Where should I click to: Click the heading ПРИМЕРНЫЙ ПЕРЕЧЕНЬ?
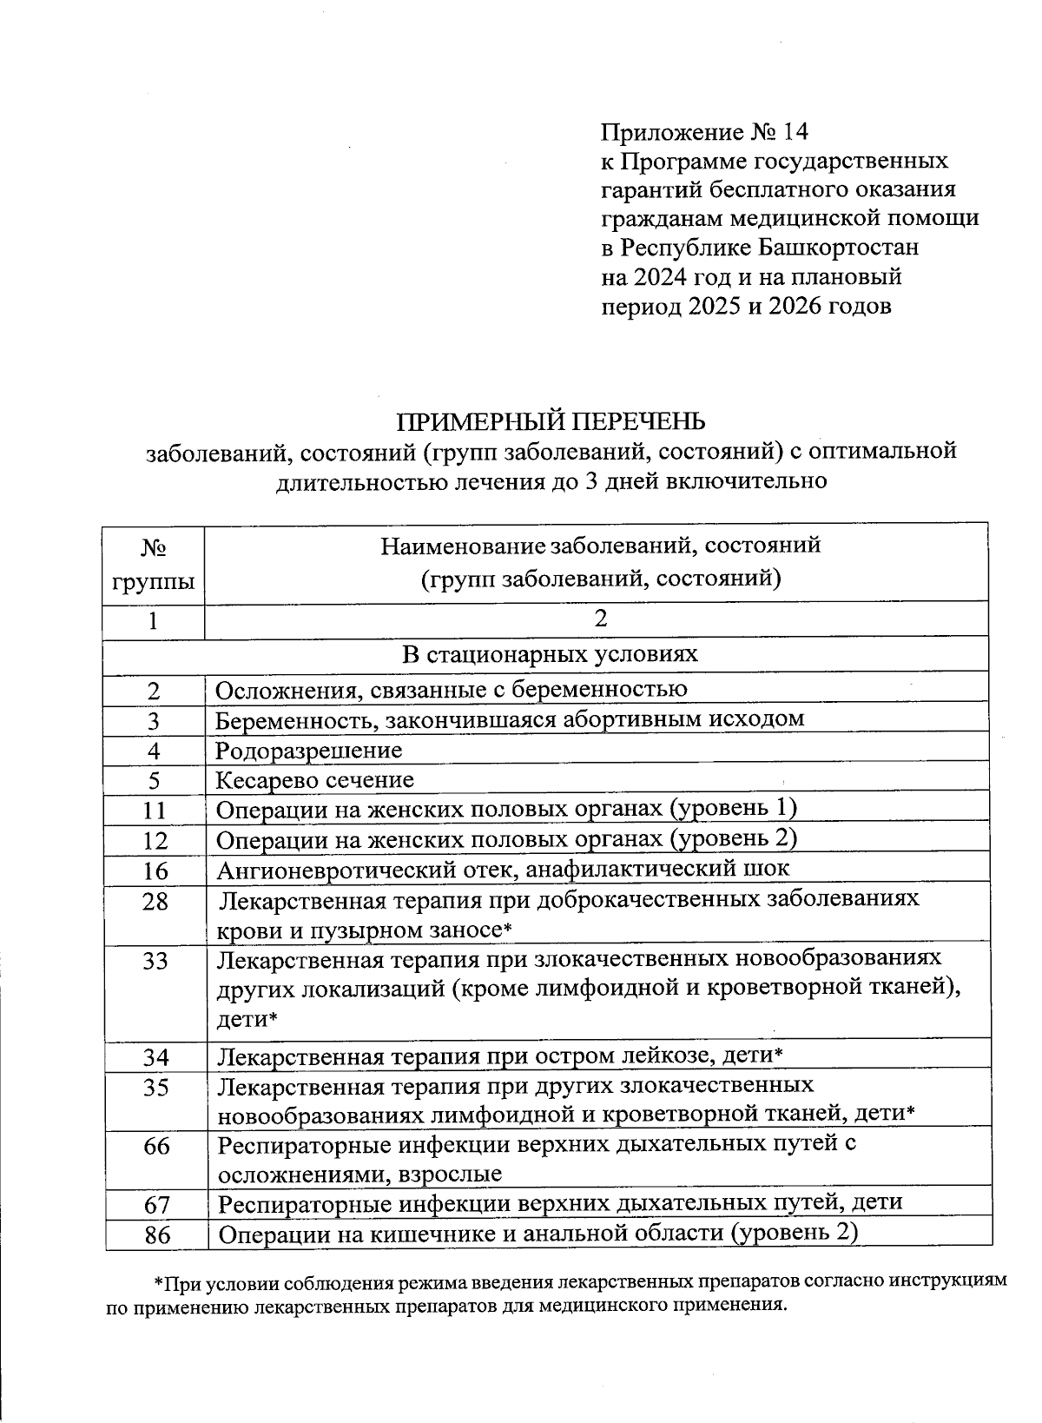(551, 421)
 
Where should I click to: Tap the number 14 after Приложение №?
(795, 132)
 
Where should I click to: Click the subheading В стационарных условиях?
(550, 653)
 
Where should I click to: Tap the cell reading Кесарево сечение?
(315, 779)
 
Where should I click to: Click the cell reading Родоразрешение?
(309, 749)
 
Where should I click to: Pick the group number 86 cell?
(157, 1234)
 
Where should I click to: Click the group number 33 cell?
(155, 961)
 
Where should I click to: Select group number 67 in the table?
(157, 1204)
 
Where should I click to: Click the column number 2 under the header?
(599, 619)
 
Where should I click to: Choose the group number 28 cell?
(155, 901)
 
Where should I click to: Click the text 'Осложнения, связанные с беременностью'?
(452, 690)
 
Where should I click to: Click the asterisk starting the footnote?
(158, 1283)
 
